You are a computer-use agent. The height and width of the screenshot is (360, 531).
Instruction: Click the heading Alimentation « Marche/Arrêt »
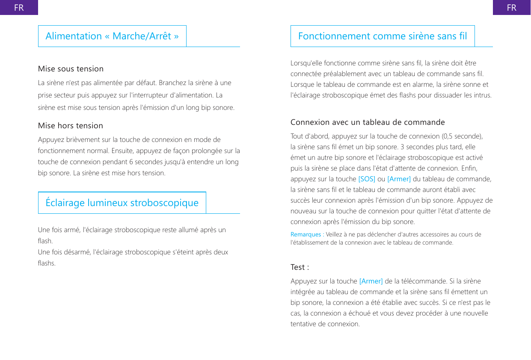(x=112, y=36)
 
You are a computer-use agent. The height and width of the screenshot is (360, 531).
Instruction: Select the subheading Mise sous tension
(x=71, y=69)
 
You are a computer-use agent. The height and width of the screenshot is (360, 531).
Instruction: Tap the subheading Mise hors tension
(x=71, y=126)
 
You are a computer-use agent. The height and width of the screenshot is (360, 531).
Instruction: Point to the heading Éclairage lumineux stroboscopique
(x=122, y=203)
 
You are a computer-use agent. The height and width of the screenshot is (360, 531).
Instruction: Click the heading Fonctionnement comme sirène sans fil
(x=383, y=36)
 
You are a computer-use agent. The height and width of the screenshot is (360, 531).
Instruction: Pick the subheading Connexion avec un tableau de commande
(x=368, y=122)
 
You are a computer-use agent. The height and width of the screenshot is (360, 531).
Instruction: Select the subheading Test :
(x=300, y=267)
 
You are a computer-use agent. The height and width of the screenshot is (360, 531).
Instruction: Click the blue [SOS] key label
(x=367, y=179)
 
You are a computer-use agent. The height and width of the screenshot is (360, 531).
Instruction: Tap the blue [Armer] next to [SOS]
(x=399, y=179)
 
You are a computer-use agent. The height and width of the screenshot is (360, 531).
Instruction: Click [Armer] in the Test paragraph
(x=371, y=281)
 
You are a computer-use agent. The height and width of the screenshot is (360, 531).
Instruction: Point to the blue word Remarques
(x=306, y=235)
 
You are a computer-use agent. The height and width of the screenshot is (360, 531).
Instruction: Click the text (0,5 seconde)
(x=462, y=136)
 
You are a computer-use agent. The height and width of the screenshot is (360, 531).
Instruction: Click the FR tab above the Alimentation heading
(x=19, y=7)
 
